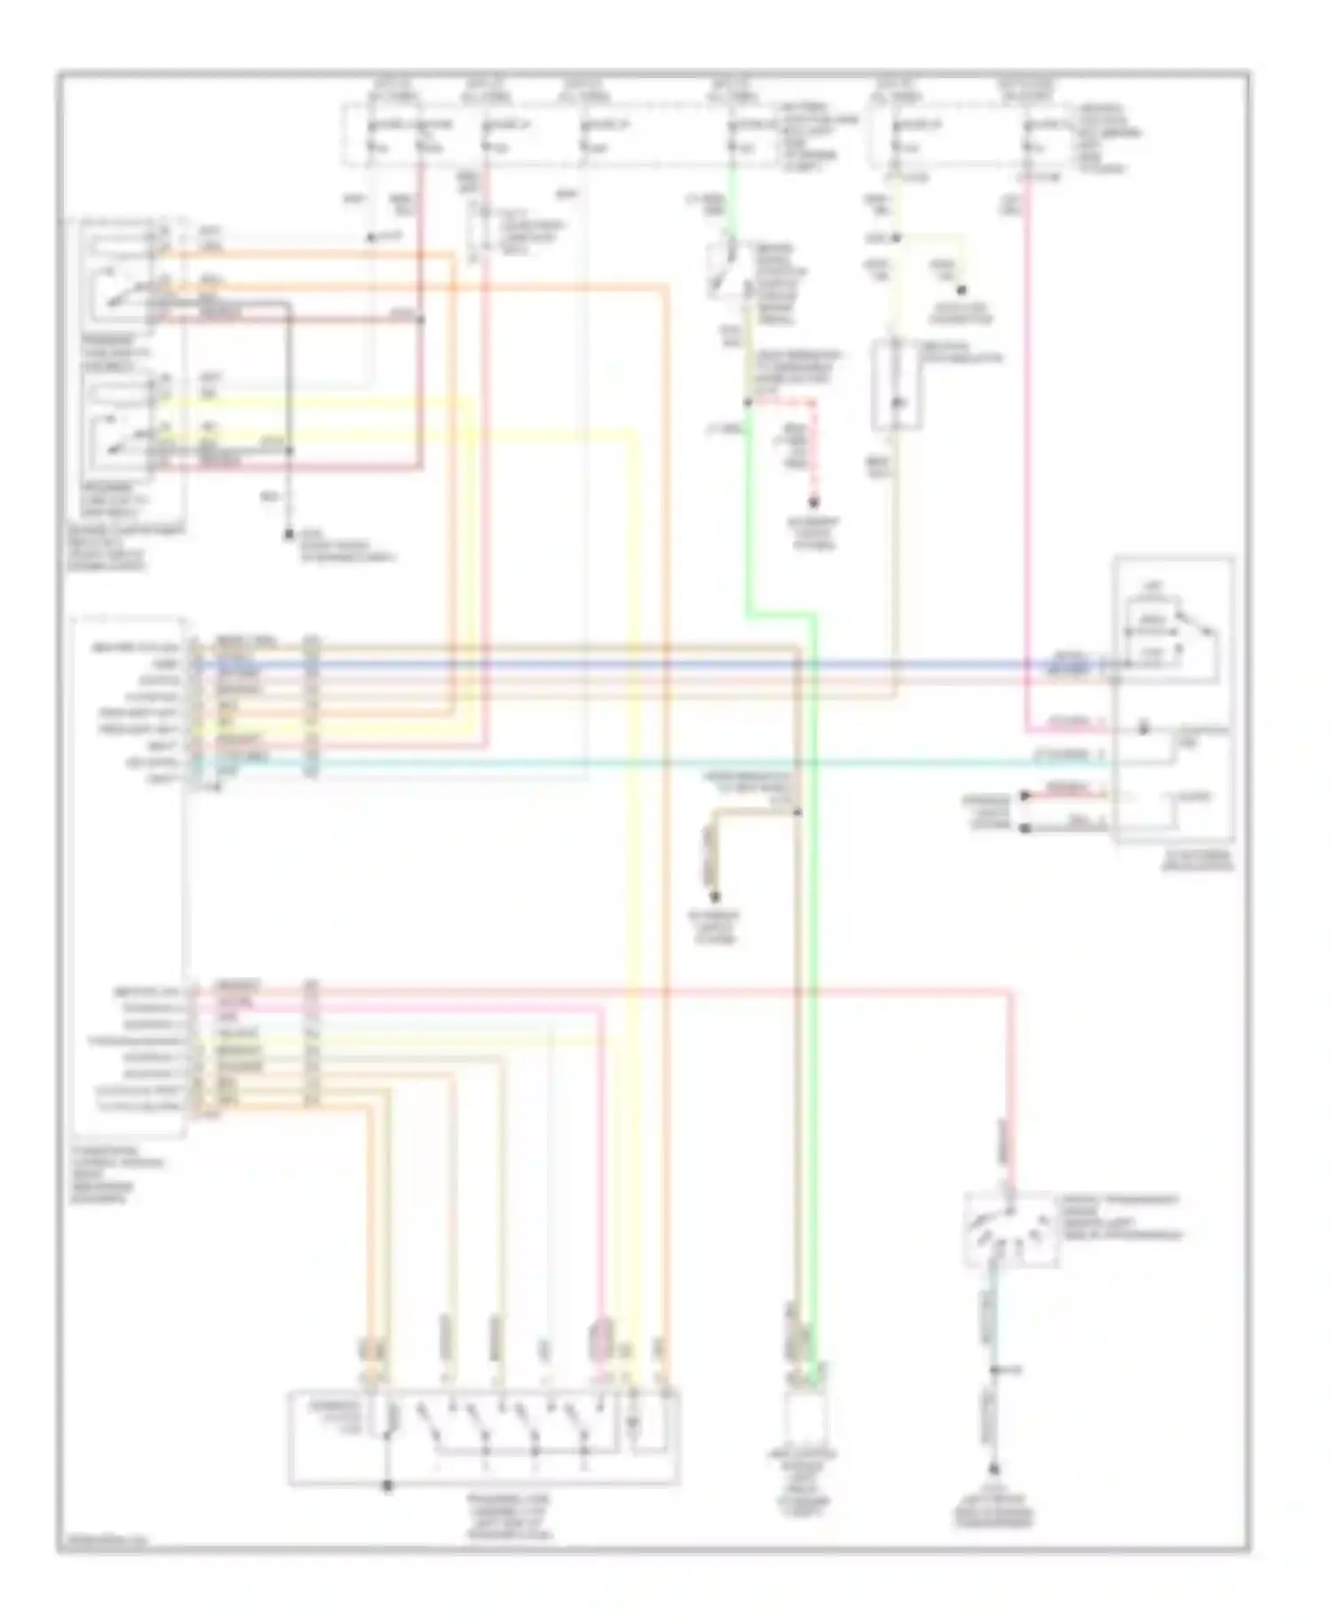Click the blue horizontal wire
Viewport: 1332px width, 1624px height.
pyautogui.click(x=622, y=663)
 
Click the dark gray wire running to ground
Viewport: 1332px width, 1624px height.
pyautogui.click(x=289, y=400)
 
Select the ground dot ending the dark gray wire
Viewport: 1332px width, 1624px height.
pyautogui.click(x=289, y=535)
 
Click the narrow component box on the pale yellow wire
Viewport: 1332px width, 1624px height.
pyautogui.click(x=895, y=384)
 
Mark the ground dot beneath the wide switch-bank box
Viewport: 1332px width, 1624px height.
pyautogui.click(x=387, y=1485)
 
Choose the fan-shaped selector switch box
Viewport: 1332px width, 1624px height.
pyautogui.click(x=1010, y=1230)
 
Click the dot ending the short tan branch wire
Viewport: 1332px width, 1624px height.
pyautogui.click(x=715, y=897)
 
